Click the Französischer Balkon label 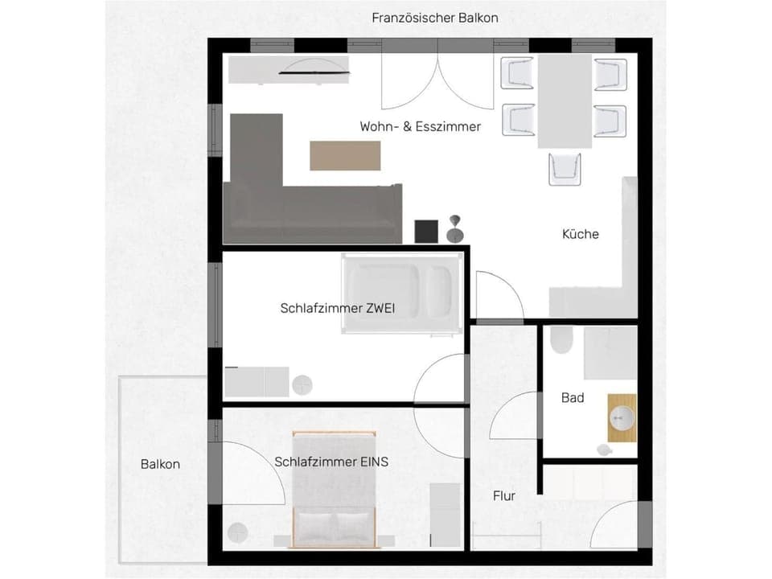434,18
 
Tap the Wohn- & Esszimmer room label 420,126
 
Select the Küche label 580,234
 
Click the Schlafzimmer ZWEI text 337,307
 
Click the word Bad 573,397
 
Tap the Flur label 504,496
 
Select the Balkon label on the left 160,464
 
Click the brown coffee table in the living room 345,155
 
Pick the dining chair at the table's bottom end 565,168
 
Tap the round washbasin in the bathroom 621,417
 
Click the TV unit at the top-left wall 289,70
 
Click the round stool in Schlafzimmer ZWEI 303,384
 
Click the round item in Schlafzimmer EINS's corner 238,531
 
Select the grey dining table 564,101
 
